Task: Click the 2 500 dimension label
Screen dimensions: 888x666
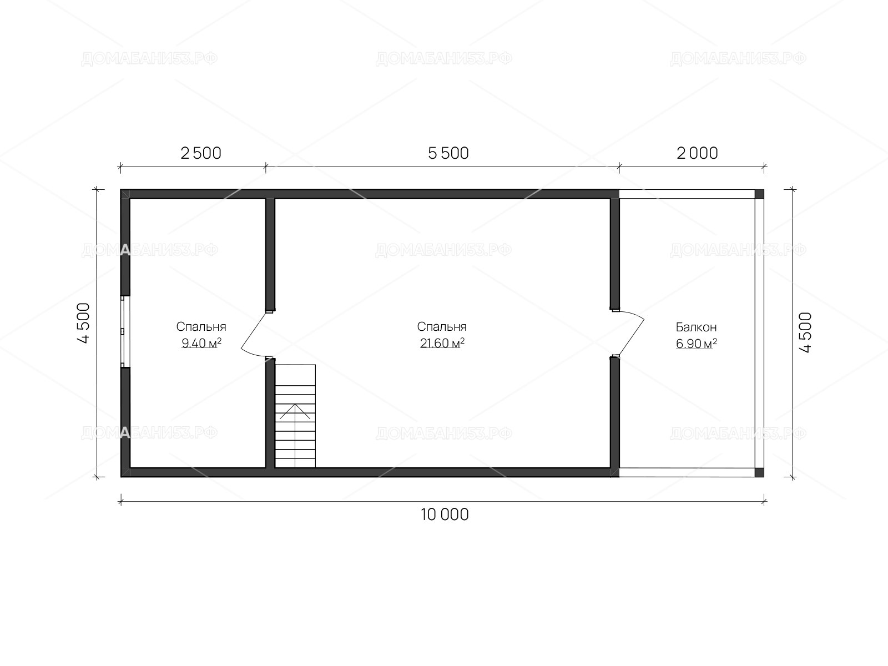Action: [201, 153]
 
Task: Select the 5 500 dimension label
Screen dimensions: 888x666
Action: [448, 153]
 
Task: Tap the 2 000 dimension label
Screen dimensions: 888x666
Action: [697, 153]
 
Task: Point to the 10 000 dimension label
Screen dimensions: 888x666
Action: [445, 514]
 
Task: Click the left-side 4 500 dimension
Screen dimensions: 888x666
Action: [83, 322]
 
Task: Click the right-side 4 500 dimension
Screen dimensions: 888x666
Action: [805, 332]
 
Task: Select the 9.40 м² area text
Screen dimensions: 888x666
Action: [201, 343]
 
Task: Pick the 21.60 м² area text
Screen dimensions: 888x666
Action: [442, 343]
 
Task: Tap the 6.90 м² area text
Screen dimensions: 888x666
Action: [696, 344]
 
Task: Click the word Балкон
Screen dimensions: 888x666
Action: [696, 327]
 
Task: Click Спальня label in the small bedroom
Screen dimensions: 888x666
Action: [201, 327]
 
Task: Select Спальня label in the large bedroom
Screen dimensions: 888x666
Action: [442, 327]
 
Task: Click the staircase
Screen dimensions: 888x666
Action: [295, 416]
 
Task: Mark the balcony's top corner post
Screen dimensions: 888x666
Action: [759, 194]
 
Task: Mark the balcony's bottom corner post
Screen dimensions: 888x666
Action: [759, 472]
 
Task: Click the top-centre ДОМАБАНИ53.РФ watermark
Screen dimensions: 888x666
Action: [444, 59]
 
